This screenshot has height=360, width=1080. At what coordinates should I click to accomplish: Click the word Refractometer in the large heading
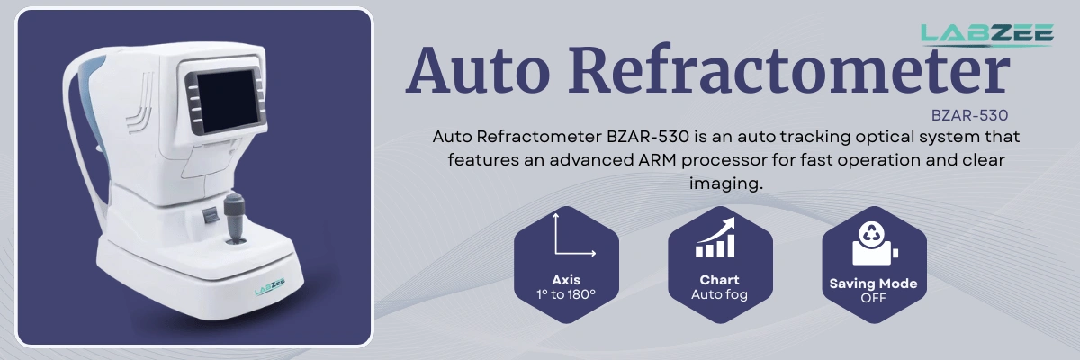[x=784, y=69]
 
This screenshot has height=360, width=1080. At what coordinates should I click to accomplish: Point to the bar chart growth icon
[x=719, y=236]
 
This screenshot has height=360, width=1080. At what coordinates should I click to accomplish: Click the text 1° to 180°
[x=566, y=294]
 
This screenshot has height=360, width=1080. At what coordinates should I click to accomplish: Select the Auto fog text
[x=719, y=294]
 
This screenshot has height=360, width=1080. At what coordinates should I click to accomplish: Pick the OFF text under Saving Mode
[x=873, y=298]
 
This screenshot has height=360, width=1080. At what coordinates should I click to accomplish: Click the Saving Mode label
[x=873, y=283]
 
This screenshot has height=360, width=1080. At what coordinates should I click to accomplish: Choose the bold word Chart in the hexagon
[x=719, y=280]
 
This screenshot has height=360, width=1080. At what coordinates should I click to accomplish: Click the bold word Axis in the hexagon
[x=566, y=280]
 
